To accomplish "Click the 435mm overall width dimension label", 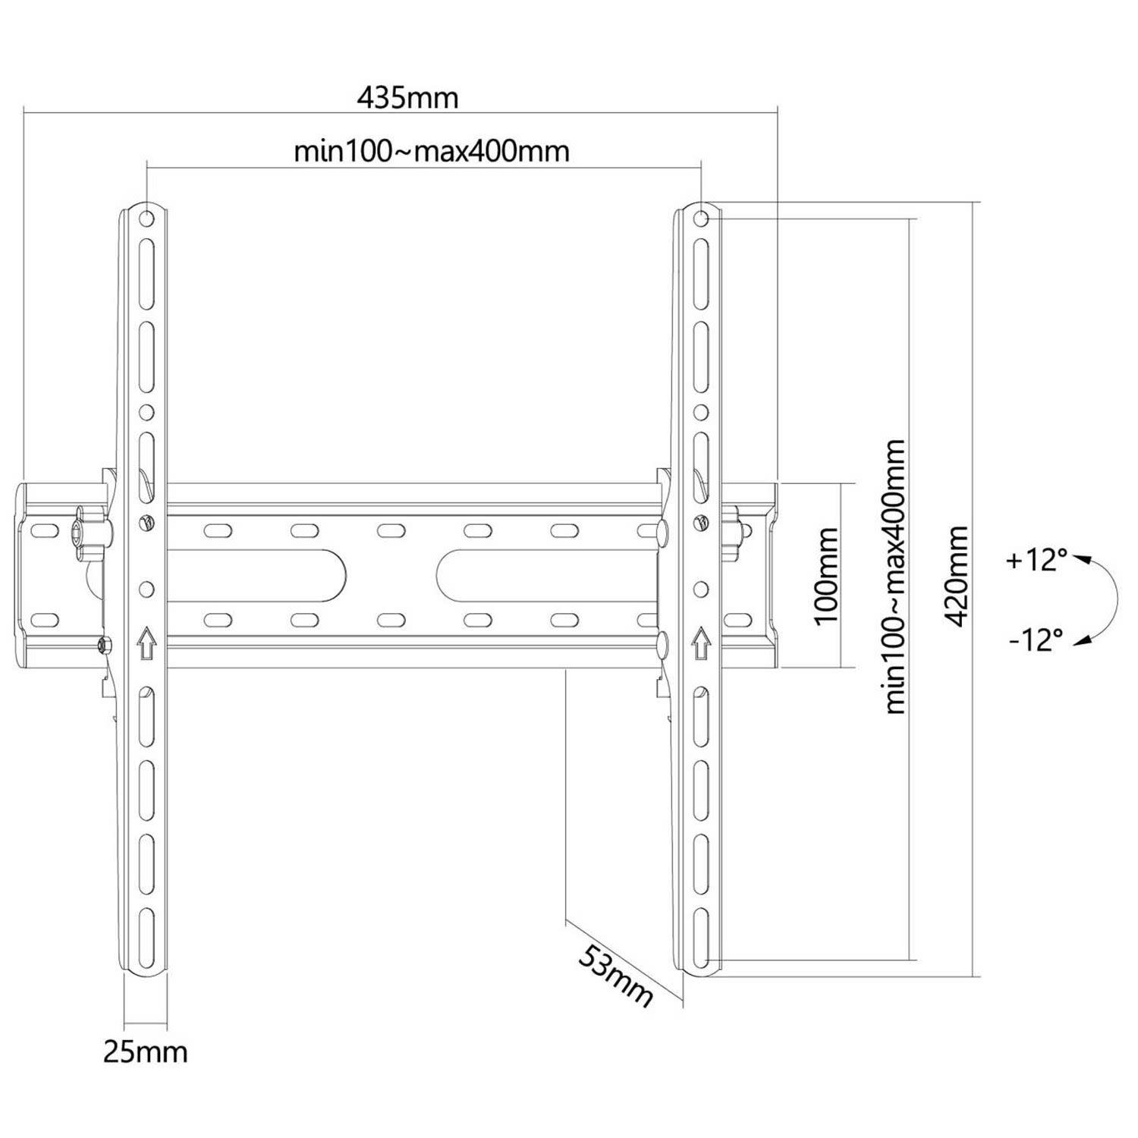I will (x=407, y=98).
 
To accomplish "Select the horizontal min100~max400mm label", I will (x=432, y=151).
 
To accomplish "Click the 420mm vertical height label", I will (x=957, y=576).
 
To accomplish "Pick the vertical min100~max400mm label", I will (x=895, y=576).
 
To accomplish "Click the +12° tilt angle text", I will (x=1036, y=561).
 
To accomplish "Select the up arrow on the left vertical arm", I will (x=146, y=642).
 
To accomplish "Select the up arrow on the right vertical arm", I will (x=702, y=642).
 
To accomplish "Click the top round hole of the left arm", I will (x=146, y=219).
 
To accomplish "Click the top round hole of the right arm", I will (x=702, y=219).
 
